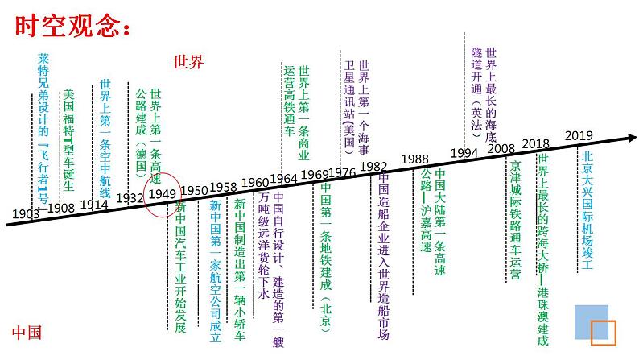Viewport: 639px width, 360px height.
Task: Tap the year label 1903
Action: (27, 213)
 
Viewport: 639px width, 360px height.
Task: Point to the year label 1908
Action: (62, 208)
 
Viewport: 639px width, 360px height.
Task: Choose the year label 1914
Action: (94, 205)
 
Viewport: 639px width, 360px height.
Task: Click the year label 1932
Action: (130, 198)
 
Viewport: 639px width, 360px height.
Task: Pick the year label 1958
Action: (223, 187)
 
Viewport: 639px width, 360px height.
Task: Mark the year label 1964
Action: (283, 178)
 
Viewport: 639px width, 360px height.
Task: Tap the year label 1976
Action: (341, 172)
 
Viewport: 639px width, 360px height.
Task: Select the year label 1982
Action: (373, 166)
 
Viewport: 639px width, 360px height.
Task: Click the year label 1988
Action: (414, 159)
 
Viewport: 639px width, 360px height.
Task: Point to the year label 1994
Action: (464, 153)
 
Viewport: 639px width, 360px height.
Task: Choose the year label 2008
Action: (501, 148)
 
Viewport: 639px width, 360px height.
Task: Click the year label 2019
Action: (579, 135)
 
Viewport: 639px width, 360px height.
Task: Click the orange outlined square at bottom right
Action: (603, 333)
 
